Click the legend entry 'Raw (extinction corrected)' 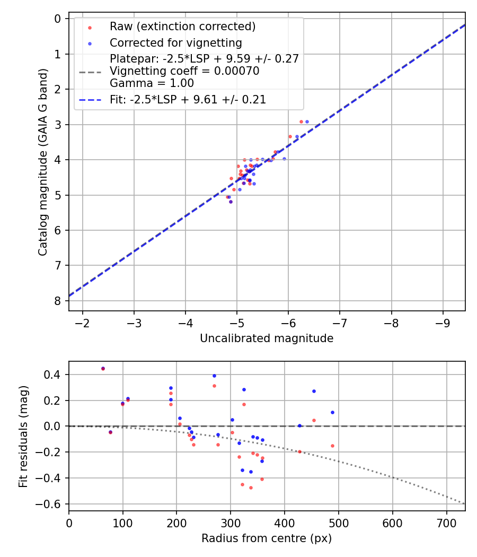coord(182,27)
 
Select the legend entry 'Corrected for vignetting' coord(175,43)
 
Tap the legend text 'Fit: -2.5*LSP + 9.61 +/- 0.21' coord(188,100)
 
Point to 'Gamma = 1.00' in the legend coord(152,83)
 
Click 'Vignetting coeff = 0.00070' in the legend coord(184,71)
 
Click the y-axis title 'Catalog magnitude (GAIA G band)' coord(43,162)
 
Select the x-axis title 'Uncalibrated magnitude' coord(267,338)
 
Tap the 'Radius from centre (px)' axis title coord(267,538)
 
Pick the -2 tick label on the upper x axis coord(82,323)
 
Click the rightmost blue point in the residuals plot coord(332,412)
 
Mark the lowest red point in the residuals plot coord(251,488)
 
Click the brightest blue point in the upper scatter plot coord(307,121)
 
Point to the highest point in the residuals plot coord(103,368)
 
